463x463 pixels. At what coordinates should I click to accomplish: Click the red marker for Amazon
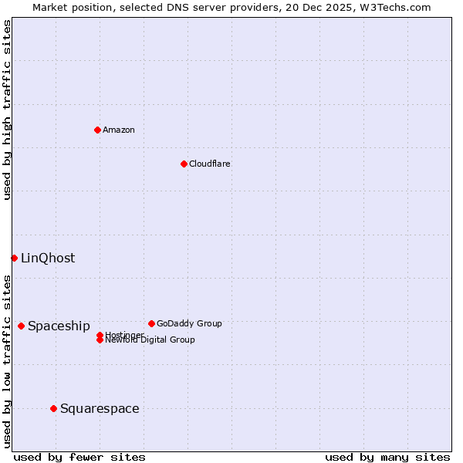pos(97,130)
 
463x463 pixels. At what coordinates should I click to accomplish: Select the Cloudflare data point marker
pos(184,164)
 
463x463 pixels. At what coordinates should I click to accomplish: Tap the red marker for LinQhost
pos(14,258)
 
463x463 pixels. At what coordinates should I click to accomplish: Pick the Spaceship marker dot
pos(21,326)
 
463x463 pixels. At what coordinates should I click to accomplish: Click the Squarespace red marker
pos(53,408)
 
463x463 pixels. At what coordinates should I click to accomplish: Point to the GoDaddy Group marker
pos(151,323)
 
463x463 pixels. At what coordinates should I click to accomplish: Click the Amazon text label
pos(119,130)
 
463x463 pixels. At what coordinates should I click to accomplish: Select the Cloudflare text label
pos(210,164)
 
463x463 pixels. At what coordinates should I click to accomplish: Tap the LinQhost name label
pos(48,259)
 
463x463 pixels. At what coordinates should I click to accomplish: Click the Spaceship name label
pos(59,326)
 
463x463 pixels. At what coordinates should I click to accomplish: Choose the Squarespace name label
pos(100,409)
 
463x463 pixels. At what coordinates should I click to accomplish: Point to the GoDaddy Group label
pos(189,323)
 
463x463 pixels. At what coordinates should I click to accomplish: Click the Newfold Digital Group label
pos(150,340)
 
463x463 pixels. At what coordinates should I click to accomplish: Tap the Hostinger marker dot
pos(100,335)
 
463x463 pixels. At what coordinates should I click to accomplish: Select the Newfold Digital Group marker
pos(100,340)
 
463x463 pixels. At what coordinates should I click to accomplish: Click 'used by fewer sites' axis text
pos(79,458)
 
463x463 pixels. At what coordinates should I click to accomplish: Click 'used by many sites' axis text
pos(387,458)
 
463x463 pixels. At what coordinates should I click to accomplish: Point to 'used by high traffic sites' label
pos(7,110)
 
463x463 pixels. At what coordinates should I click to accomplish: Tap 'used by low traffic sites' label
pos(7,361)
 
